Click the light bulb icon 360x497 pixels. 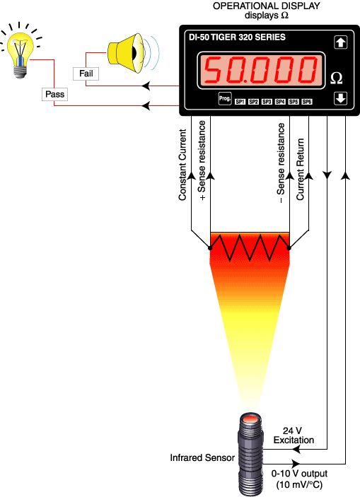click(22, 49)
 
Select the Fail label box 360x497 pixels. click(86, 73)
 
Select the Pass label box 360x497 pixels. click(54, 94)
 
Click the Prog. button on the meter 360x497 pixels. click(225, 100)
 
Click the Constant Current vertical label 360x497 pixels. click(182, 164)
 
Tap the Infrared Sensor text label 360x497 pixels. click(202, 458)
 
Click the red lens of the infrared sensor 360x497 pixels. click(249, 421)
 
